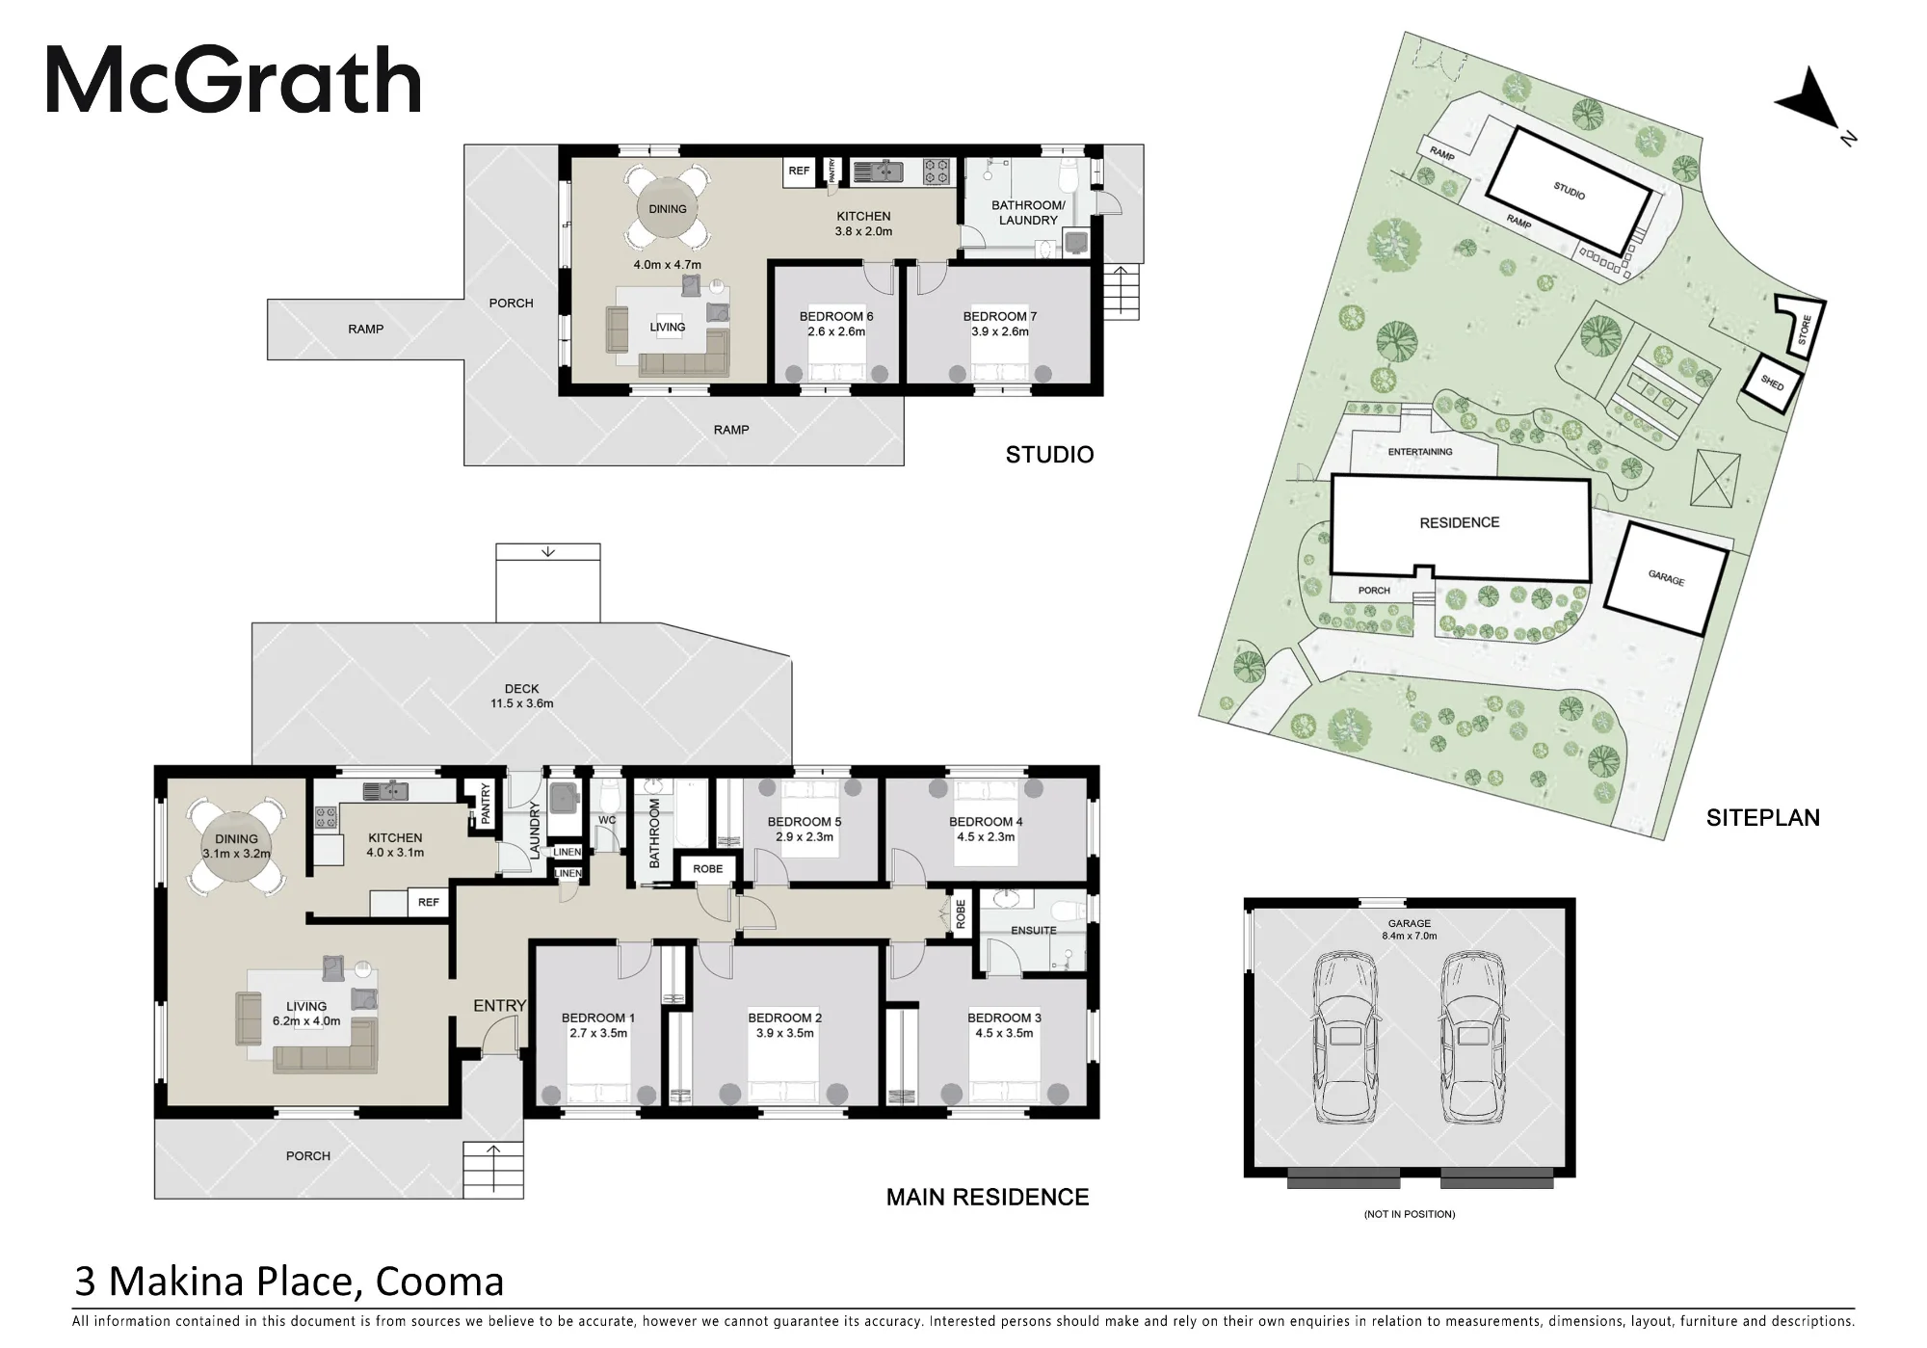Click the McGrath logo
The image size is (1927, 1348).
coord(234,81)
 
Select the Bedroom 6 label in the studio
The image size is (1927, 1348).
coord(836,324)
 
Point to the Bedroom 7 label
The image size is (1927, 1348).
coord(1000,324)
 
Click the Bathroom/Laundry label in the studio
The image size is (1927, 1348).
coord(1028,212)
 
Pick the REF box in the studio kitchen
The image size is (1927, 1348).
coord(799,172)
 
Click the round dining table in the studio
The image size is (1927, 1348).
coord(668,209)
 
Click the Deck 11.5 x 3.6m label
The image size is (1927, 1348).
coord(522,696)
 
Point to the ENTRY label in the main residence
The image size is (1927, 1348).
coord(499,1006)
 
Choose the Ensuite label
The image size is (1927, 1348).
coord(1034,931)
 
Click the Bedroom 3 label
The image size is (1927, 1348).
coord(1004,1025)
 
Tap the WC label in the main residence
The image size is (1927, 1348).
coord(607,821)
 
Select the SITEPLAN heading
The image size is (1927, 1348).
coord(1763,818)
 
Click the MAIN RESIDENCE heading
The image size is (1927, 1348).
coord(988,1198)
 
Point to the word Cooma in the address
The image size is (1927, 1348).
coord(439,1282)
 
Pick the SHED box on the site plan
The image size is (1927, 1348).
coord(1771,384)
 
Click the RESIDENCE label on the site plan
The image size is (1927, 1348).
coord(1460,523)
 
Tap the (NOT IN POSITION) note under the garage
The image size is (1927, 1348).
coord(1410,1214)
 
